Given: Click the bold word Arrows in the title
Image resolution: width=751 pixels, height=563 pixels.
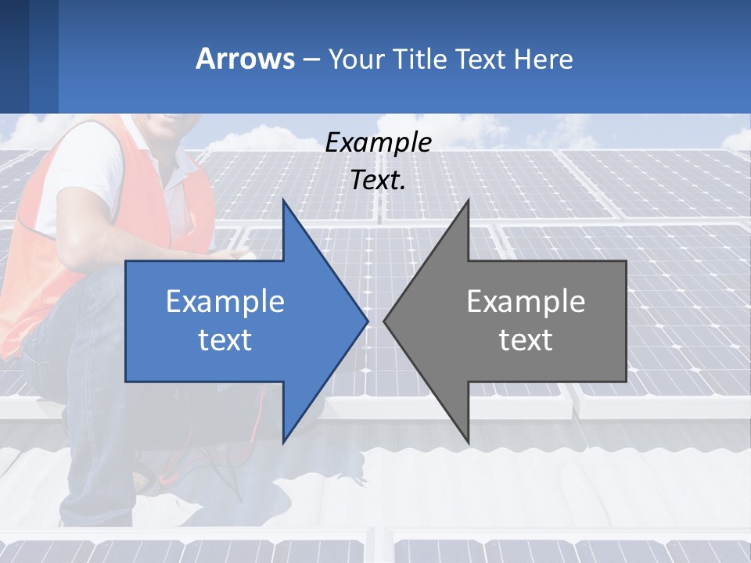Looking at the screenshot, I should [245, 59].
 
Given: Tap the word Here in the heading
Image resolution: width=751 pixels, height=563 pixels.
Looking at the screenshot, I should [543, 59].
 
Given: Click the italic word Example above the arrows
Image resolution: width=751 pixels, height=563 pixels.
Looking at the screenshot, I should [379, 142].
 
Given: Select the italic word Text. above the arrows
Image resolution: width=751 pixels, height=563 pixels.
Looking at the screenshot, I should [379, 180].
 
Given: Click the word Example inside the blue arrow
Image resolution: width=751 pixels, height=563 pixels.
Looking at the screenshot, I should [225, 301].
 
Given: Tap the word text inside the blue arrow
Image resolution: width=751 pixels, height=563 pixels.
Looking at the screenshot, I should [225, 340].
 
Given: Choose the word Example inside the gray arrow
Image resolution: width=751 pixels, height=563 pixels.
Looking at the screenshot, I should [526, 301].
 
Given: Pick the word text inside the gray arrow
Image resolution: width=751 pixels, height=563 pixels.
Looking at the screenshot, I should [526, 340].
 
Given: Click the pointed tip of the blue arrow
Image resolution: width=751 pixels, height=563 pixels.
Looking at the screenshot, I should [368, 321].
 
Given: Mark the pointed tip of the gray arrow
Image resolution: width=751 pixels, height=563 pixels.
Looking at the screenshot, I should [384, 321].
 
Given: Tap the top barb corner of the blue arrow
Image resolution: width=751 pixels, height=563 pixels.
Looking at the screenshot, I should [283, 200].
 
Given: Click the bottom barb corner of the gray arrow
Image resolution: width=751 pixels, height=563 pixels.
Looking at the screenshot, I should [468, 443].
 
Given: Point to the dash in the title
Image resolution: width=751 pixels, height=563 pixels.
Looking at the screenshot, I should [310, 59].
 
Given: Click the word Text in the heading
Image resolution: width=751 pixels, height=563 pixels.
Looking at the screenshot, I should [480, 59].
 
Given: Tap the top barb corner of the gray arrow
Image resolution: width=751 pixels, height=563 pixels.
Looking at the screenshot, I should [468, 200].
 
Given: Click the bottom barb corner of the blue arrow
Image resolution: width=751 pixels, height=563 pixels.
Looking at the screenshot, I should [283, 443].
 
